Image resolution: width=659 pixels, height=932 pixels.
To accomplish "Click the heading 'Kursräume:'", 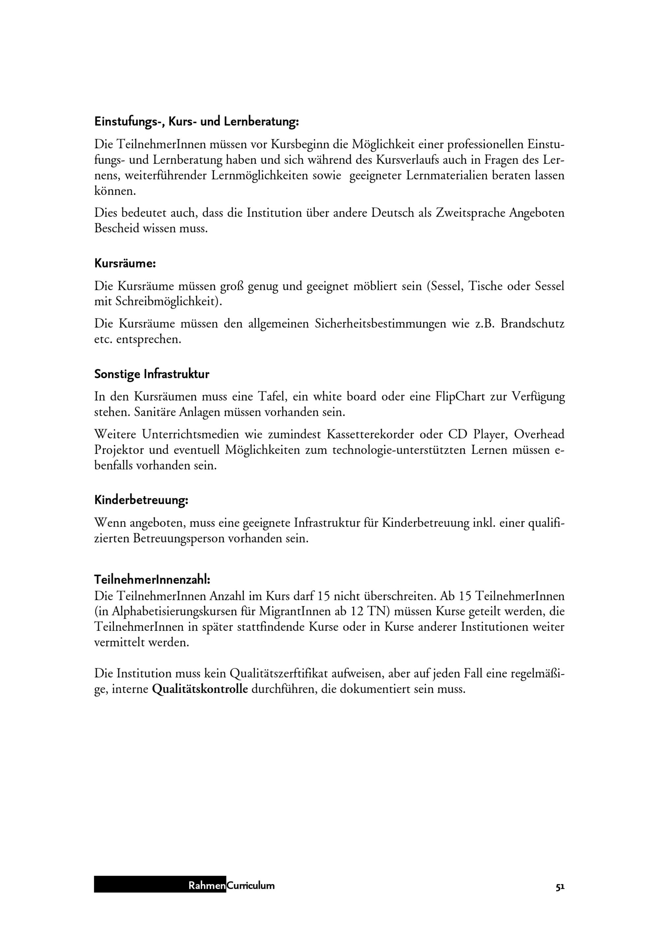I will click(125, 263).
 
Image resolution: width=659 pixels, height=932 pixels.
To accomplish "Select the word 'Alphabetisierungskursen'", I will click(176, 612).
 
